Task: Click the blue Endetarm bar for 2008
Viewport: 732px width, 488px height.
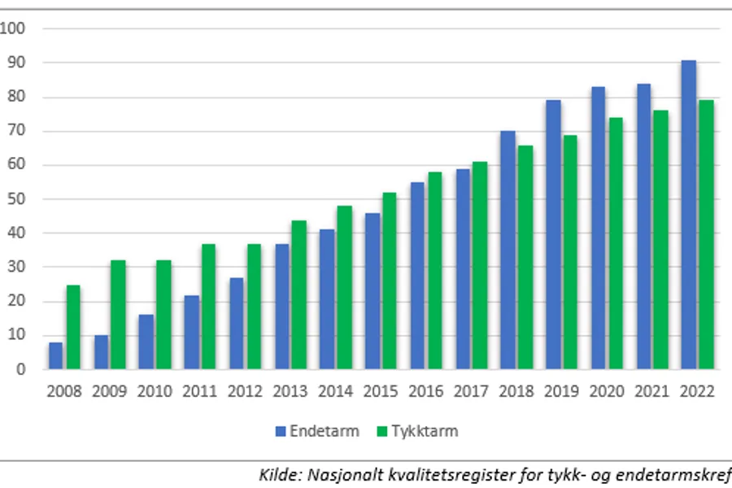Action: point(55,355)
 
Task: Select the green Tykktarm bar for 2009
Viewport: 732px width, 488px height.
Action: point(119,315)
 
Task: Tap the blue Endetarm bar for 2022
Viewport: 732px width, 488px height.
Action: point(688,215)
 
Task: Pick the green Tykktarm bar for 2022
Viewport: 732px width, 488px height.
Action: point(705,234)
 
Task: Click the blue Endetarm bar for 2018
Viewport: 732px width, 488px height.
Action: point(508,250)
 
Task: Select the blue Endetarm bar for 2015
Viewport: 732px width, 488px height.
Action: point(372,291)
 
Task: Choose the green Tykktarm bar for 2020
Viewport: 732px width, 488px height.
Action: point(615,243)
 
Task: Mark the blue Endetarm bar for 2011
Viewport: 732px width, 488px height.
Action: point(191,332)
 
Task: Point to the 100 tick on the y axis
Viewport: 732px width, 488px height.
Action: point(14,28)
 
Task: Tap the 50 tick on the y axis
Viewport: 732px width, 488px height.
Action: point(18,199)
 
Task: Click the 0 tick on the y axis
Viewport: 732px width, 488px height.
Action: point(22,369)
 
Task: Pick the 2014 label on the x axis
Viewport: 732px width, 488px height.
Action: point(336,391)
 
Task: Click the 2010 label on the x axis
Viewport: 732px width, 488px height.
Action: point(155,391)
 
